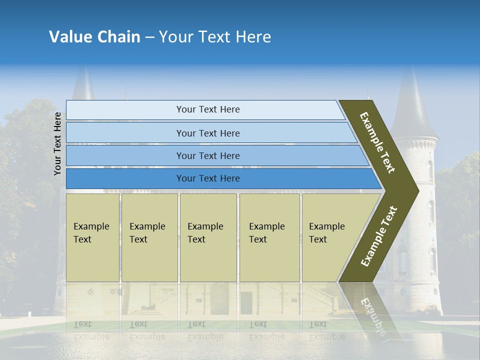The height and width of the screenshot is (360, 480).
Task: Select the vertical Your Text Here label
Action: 57,144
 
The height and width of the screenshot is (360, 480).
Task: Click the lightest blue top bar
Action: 207,109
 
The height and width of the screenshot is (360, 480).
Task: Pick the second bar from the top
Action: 207,133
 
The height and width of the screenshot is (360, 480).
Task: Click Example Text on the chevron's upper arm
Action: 377,142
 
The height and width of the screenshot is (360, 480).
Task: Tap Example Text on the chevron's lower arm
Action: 379,236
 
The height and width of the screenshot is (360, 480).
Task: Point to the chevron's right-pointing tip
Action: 416,190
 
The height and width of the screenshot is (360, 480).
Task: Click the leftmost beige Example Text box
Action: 92,237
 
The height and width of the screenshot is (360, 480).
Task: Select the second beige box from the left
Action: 149,237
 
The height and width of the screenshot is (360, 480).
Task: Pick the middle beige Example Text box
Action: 208,237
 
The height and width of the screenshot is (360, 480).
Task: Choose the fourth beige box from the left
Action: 269,237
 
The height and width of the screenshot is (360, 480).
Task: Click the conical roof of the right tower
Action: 413,107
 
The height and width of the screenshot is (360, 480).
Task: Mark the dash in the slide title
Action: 149,37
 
